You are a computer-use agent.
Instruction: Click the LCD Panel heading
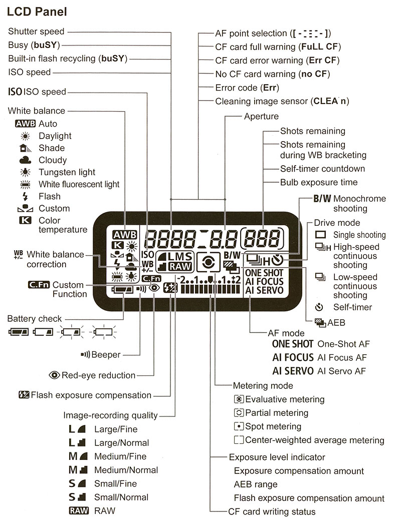click(37, 11)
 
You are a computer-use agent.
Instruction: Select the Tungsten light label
click(67, 172)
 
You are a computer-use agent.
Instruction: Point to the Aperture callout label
click(261, 116)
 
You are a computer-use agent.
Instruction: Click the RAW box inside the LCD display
click(179, 267)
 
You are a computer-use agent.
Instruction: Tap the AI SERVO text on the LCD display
click(265, 290)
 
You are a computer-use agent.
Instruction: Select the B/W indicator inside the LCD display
click(232, 255)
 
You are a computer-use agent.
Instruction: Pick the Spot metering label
click(273, 427)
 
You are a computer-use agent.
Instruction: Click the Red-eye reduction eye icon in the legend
click(55, 375)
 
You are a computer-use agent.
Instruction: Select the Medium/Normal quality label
click(126, 470)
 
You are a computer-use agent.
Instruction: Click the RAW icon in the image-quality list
click(78, 511)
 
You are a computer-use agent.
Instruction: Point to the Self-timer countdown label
click(322, 169)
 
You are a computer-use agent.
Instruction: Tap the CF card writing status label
click(272, 511)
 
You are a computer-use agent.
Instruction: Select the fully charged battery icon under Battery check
click(18, 331)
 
